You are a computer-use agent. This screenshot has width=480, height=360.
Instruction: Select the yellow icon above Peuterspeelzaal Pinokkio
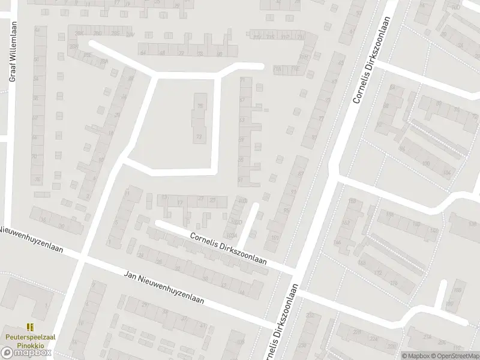click(x=29, y=327)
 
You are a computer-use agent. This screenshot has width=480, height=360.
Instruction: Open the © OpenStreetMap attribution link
click(x=455, y=356)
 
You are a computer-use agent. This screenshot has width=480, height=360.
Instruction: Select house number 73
click(x=199, y=137)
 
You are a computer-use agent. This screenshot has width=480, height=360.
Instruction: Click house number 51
click(x=241, y=180)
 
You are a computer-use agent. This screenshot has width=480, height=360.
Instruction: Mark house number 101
click(x=274, y=238)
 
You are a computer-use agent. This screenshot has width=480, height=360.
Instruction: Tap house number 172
click(x=378, y=273)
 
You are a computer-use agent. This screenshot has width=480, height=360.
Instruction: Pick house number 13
click(x=164, y=197)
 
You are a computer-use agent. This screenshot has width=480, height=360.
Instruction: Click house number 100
click(x=425, y=163)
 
